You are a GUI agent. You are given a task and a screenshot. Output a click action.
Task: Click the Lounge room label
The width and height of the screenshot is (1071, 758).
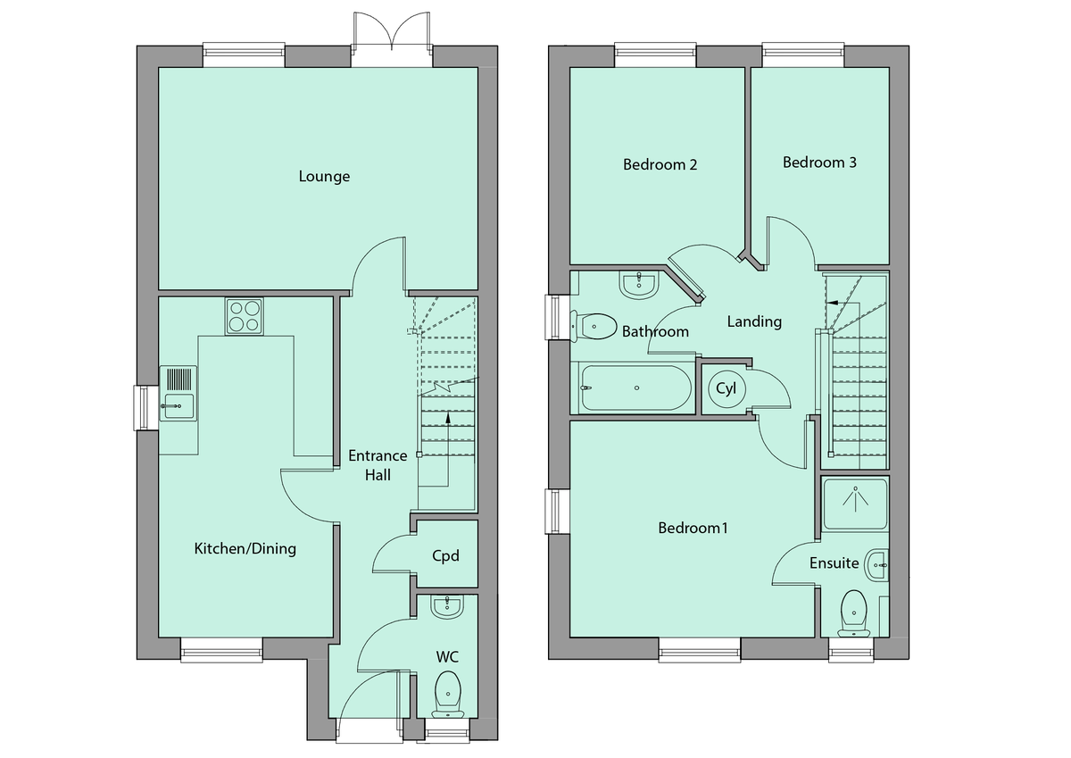click(x=324, y=177)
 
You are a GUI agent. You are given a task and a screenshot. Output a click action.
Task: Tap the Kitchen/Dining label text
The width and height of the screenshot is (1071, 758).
click(x=245, y=548)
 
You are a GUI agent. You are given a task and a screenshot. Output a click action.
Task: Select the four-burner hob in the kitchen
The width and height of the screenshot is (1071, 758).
click(x=245, y=315)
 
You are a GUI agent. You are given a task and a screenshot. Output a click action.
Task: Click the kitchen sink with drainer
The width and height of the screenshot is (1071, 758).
click(x=177, y=393)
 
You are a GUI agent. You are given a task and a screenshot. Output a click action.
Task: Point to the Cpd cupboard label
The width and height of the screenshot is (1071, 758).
click(x=445, y=556)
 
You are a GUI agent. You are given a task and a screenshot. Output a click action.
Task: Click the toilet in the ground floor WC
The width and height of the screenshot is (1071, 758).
click(x=447, y=693)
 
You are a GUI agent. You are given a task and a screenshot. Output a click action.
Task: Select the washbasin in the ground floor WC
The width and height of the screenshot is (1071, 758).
click(x=446, y=607)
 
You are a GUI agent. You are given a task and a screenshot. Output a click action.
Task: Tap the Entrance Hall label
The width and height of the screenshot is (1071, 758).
click(x=378, y=465)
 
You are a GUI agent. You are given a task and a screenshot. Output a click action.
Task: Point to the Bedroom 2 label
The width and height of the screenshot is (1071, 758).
click(x=660, y=164)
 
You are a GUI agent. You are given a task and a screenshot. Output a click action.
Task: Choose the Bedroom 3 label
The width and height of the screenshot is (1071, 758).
click(x=819, y=162)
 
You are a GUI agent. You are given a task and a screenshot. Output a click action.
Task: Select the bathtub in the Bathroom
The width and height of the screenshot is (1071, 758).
click(x=635, y=388)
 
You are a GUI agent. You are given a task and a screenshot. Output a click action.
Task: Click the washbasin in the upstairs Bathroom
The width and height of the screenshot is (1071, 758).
click(x=637, y=285)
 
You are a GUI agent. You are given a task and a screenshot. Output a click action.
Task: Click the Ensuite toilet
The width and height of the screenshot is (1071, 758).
click(x=854, y=611)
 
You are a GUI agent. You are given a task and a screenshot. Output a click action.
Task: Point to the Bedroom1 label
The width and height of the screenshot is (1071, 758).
click(x=693, y=528)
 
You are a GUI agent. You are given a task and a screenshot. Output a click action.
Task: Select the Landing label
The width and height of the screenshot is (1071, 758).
click(x=754, y=321)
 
